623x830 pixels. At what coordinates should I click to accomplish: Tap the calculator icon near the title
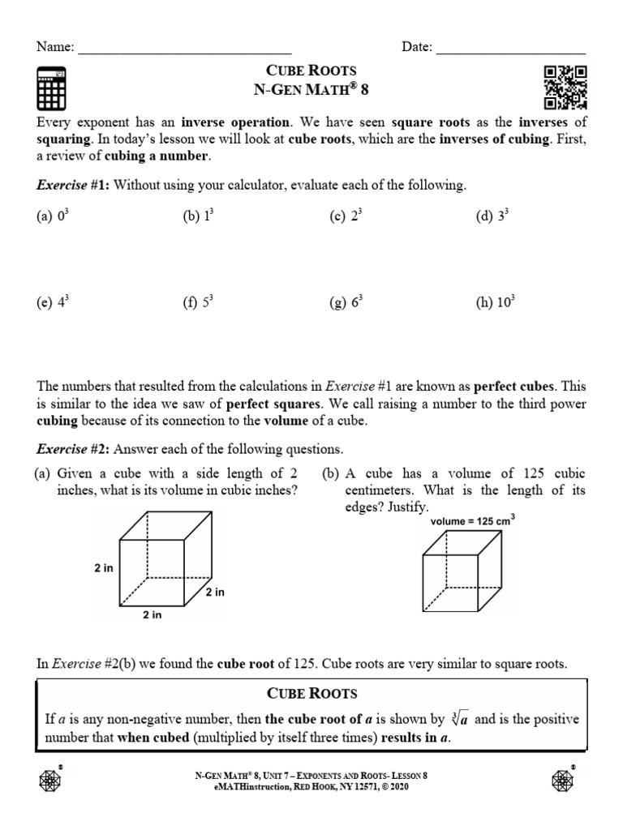[x=52, y=89]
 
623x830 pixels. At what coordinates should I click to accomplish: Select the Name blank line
[x=185, y=49]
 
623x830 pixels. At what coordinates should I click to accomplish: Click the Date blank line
[x=511, y=49]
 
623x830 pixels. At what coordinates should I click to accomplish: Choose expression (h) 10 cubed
[x=496, y=303]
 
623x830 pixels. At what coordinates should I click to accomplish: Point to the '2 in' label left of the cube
[x=103, y=568]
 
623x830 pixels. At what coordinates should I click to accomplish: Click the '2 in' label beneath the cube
[x=153, y=615]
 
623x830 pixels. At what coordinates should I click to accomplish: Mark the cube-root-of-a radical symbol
[x=462, y=719]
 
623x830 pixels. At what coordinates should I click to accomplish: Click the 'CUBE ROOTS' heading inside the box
[x=311, y=695]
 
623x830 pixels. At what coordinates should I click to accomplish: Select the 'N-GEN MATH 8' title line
[x=311, y=88]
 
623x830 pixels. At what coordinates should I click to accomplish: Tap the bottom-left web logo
[x=51, y=780]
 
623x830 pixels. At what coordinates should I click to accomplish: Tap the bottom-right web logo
[x=562, y=780]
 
